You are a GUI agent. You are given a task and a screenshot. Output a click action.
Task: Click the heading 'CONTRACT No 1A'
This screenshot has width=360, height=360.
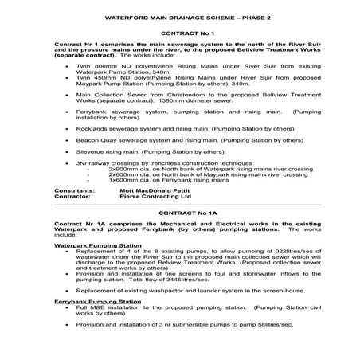click(x=180, y=214)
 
